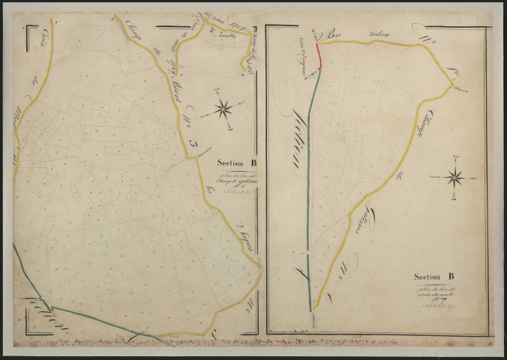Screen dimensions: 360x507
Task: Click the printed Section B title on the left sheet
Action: [x=237, y=161]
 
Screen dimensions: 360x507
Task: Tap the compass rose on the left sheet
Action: [x=223, y=109]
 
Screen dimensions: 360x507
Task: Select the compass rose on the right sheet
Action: [x=454, y=178]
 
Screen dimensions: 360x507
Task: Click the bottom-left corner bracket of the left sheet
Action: [x=28, y=330]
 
